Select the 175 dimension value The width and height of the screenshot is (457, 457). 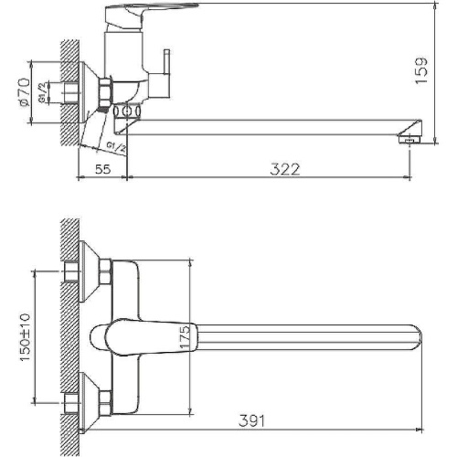183,336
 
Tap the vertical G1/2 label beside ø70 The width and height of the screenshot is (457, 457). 42,92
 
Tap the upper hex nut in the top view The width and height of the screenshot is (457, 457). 104,271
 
